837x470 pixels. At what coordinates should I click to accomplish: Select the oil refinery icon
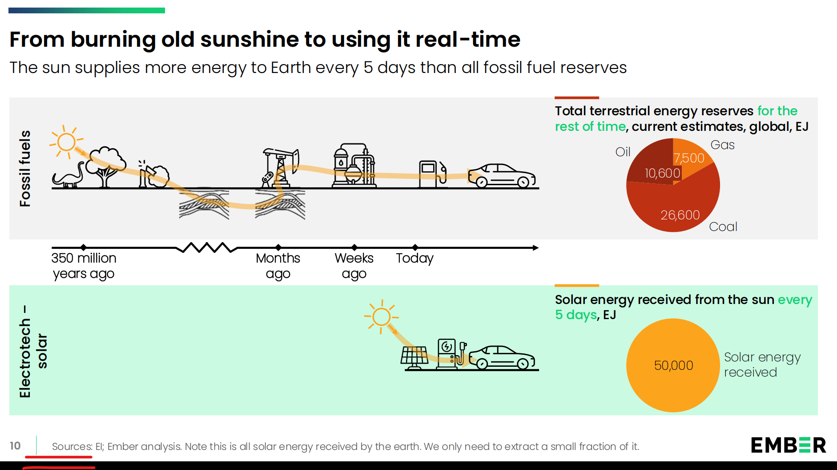coord(354,166)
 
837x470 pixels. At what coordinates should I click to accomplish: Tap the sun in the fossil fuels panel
coord(66,142)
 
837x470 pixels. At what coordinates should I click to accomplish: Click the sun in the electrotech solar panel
coord(381,317)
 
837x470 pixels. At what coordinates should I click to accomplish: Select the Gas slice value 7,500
coord(689,158)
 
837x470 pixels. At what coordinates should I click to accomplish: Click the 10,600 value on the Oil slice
coord(662,173)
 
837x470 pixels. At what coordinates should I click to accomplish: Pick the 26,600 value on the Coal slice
coord(680,215)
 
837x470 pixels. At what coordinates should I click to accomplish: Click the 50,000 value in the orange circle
coord(673,365)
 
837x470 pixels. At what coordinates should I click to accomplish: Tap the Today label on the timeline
coord(414,258)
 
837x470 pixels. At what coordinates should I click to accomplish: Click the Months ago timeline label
coord(278,266)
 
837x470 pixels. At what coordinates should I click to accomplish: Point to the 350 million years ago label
coord(84,266)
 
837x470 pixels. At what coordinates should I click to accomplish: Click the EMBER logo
coord(788,445)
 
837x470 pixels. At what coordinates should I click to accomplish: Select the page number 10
coord(15,446)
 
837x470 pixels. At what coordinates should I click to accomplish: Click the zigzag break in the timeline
coord(207,247)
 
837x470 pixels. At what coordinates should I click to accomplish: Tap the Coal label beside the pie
coord(723,227)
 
